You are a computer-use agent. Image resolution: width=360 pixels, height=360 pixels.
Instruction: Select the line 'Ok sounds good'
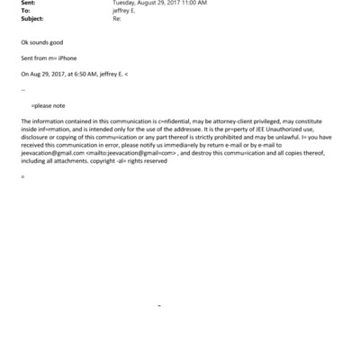[x=42, y=43]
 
